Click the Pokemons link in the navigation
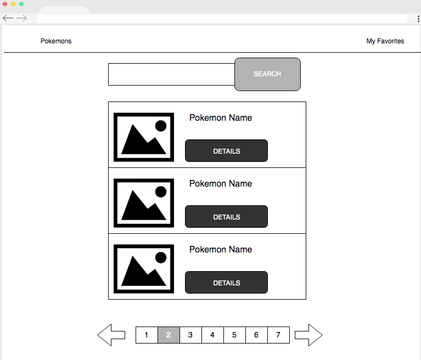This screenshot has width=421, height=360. point(56,41)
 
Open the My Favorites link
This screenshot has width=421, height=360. point(385,41)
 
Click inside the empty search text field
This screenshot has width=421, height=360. point(171,75)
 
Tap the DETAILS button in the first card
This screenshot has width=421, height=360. point(226,150)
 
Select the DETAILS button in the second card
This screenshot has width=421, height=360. point(226,217)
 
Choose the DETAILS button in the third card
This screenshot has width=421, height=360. point(226,283)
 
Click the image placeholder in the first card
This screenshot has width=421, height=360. point(144,137)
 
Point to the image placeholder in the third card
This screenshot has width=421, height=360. point(144,269)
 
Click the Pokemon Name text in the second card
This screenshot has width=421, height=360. point(221,184)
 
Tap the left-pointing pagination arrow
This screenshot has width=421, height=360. point(111,335)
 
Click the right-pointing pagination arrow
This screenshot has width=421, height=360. point(309,335)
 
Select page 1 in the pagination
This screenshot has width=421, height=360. point(147,335)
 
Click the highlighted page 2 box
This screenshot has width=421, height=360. point(169,335)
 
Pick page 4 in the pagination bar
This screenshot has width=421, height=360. point(212,335)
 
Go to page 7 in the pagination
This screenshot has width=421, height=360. point(278,335)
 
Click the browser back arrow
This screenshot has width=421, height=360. point(8,18)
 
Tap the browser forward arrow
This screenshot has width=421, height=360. point(21,18)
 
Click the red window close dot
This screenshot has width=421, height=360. point(5,4)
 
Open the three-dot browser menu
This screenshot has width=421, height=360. point(418,19)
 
